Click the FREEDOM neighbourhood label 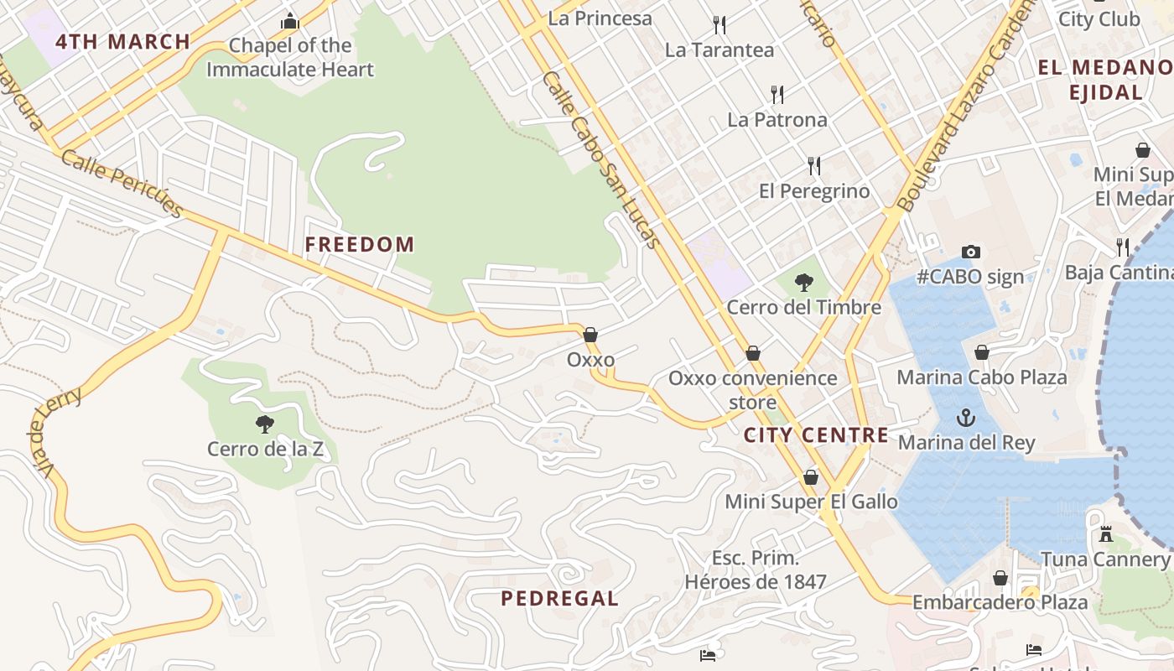[x=359, y=245]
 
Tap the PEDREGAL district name [x=559, y=598]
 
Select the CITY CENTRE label [x=816, y=434]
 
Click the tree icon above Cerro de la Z [x=265, y=424]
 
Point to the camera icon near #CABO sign [x=970, y=252]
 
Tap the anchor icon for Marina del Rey [x=967, y=417]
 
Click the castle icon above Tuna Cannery [x=1106, y=533]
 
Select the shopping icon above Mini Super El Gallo [x=811, y=477]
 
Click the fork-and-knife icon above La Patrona [x=777, y=94]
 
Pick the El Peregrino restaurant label [x=814, y=191]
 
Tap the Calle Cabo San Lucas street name [x=601, y=159]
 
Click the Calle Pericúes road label [x=122, y=184]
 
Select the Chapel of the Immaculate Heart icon [x=290, y=21]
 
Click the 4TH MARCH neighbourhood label [x=123, y=41]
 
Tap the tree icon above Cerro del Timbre [x=803, y=282]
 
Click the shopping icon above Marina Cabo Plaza [x=981, y=352]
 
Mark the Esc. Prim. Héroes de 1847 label [x=756, y=570]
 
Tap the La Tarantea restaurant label [x=719, y=49]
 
